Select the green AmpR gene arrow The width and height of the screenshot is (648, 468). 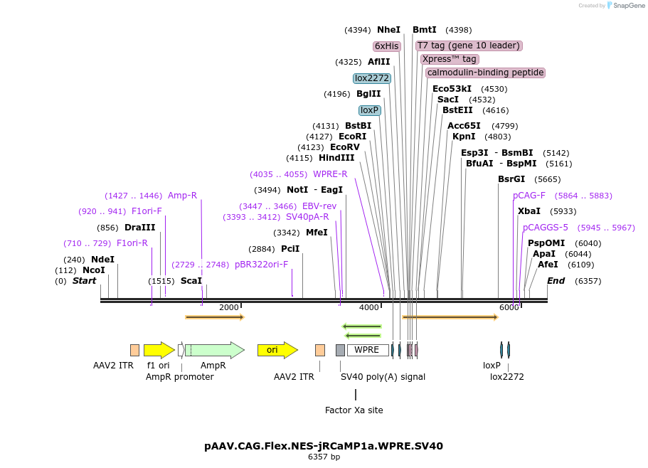214,350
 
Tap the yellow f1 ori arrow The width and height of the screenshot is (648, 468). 159,350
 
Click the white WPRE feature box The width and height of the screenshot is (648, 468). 367,350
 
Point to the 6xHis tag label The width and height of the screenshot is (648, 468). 387,46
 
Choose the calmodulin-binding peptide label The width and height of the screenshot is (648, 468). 485,73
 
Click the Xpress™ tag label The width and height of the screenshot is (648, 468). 450,59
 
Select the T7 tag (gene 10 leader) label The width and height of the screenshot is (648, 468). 469,46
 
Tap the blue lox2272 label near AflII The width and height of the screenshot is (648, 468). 372,78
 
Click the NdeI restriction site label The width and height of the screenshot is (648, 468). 102,260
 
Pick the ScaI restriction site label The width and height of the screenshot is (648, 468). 191,281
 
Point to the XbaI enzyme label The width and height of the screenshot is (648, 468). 529,211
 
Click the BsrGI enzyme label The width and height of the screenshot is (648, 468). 511,179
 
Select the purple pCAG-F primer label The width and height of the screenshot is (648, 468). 529,196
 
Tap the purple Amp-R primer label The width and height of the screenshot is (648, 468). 182,196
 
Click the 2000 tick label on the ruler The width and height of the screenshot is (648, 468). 229,307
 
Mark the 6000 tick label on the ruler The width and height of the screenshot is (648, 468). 509,307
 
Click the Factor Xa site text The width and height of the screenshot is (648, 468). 354,410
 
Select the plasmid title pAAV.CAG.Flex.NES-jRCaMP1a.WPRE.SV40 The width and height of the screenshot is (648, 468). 324,446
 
